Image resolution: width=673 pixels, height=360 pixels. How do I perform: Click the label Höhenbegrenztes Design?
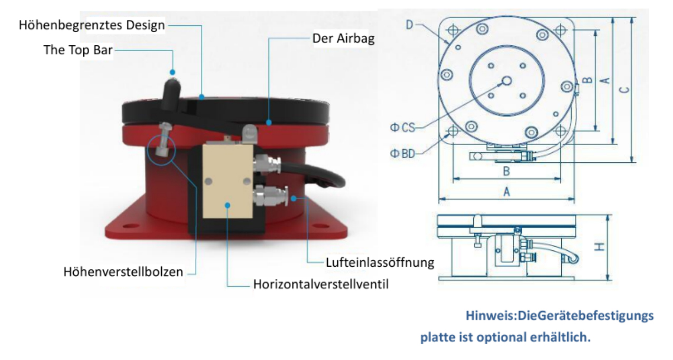pos(92,25)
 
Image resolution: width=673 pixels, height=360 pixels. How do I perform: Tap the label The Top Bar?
pos(78,50)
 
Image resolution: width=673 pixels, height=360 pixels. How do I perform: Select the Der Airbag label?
pos(344,38)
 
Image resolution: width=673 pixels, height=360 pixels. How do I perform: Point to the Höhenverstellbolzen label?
pos(123,271)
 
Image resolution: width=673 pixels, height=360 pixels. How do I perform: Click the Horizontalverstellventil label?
pos(321,284)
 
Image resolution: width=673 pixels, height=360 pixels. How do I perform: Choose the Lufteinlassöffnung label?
pos(380,262)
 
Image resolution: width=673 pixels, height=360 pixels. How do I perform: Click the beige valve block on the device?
pos(228,181)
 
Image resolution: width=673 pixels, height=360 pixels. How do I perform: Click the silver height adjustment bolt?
pos(164,139)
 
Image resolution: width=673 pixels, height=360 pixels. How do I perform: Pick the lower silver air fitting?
pos(270,196)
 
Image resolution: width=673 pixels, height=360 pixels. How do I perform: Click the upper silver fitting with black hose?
pos(267,164)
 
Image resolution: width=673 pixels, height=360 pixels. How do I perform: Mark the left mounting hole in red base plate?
pos(130,226)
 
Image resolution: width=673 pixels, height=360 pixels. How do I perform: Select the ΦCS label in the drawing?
pos(402,128)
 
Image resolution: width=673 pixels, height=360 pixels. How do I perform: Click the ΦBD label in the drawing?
pos(402,154)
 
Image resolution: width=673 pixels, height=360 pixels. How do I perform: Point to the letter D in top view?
pos(409,25)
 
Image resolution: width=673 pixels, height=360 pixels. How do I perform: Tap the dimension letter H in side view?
pos(600,247)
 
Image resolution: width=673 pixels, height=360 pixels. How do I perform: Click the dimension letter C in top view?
pos(625,90)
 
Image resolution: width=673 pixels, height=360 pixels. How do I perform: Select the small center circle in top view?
pos(507,81)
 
